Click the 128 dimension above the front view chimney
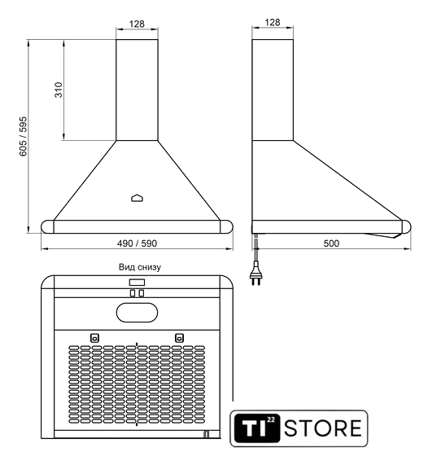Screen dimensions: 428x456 click(x=137, y=24)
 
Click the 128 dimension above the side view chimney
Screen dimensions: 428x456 click(x=273, y=22)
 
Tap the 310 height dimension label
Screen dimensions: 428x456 click(x=59, y=90)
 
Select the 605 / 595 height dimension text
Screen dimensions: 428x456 click(x=23, y=136)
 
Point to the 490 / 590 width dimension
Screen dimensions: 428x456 click(x=137, y=243)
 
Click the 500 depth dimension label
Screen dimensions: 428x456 click(x=331, y=243)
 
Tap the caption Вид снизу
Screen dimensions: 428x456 click(x=140, y=267)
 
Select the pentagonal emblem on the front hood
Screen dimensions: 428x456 click(x=138, y=198)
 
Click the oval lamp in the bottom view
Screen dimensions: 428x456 click(x=138, y=313)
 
